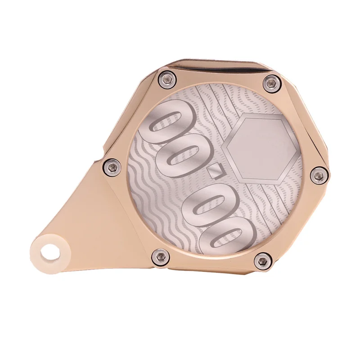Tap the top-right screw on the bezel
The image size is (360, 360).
pos(270,82)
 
